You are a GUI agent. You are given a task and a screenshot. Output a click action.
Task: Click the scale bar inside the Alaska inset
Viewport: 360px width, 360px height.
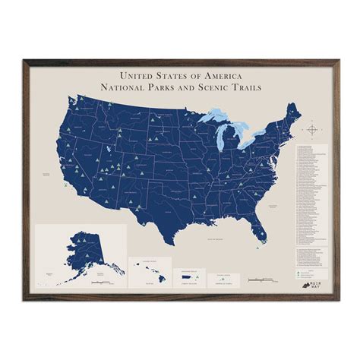click(x=100, y=283)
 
